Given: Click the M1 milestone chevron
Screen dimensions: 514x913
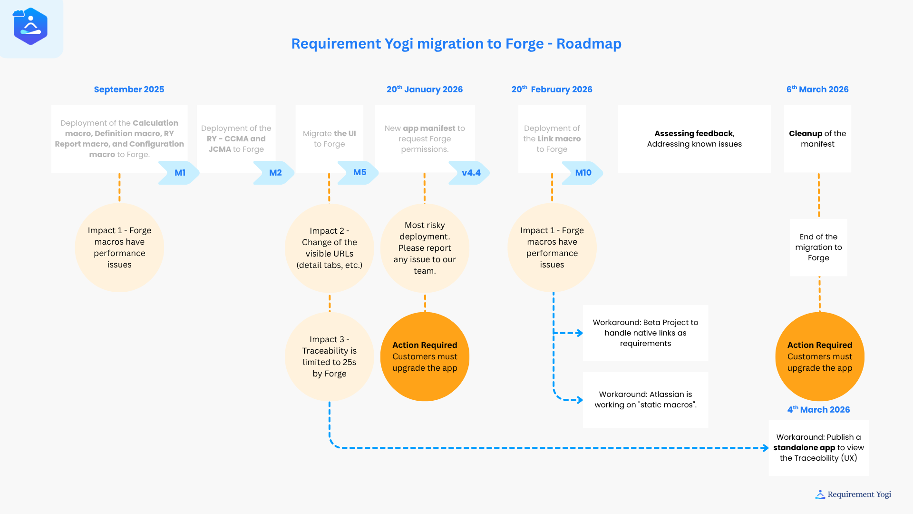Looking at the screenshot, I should pyautogui.click(x=179, y=173).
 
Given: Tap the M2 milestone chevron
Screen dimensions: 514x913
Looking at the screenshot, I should pyautogui.click(x=274, y=173).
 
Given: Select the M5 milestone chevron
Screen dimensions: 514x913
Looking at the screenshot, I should pyautogui.click(x=359, y=172).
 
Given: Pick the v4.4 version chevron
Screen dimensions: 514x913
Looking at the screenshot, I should pyautogui.click(x=470, y=173).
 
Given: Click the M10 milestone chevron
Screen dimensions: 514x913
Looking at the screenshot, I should pyautogui.click(x=583, y=173).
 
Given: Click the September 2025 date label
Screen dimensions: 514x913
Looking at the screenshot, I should pyautogui.click(x=129, y=89).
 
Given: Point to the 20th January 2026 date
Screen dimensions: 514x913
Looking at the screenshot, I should pyautogui.click(x=424, y=89).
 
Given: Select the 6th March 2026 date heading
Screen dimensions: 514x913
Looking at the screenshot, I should pyautogui.click(x=817, y=89).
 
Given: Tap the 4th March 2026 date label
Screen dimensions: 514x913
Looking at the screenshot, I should pyautogui.click(x=818, y=410).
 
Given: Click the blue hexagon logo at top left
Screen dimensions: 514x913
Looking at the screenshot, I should pyautogui.click(x=30, y=27).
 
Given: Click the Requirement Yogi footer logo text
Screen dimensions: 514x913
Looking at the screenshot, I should pyautogui.click(x=859, y=494).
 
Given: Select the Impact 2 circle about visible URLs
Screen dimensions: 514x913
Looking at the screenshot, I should pyautogui.click(x=329, y=248).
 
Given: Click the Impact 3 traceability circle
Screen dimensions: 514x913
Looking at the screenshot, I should pyautogui.click(x=329, y=356).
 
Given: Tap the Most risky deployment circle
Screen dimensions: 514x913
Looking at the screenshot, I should pyautogui.click(x=425, y=248).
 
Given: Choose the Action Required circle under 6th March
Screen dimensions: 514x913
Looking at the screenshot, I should pyautogui.click(x=819, y=356).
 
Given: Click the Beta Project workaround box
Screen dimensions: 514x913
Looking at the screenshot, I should pyautogui.click(x=645, y=333).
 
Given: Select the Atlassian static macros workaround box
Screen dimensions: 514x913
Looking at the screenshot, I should pyautogui.click(x=645, y=400).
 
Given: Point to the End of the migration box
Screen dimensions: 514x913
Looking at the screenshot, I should pyautogui.click(x=818, y=247).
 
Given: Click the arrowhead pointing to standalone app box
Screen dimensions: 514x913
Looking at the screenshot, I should pyautogui.click(x=765, y=448).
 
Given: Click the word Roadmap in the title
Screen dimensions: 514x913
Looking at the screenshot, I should pyautogui.click(x=589, y=44).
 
